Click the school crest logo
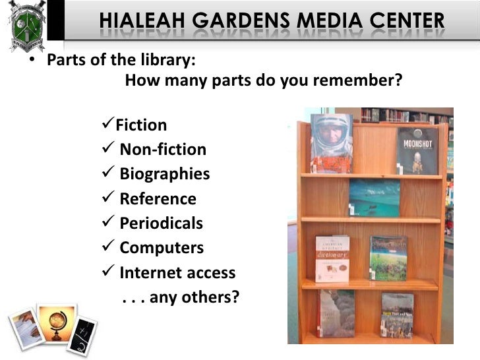(x=24, y=27)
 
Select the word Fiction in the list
(x=141, y=125)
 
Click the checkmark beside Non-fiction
(x=110, y=150)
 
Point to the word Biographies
(x=164, y=174)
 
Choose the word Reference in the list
(x=158, y=199)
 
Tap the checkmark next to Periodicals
(x=110, y=224)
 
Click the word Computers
(x=162, y=249)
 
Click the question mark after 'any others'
(x=234, y=297)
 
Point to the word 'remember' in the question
(x=365, y=82)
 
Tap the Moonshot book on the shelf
(x=417, y=151)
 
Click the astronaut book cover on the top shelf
(x=332, y=143)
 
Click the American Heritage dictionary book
(x=332, y=259)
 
